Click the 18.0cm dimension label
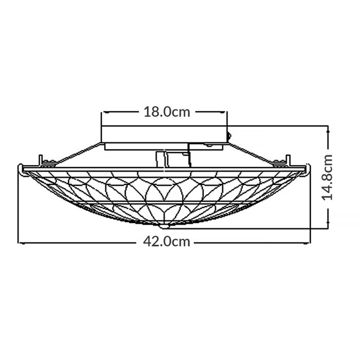click(x=166, y=112)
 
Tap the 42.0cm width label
click(x=166, y=242)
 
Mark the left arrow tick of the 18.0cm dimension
click(x=103, y=112)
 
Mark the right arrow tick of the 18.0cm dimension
click(x=227, y=112)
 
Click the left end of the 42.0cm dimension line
click(x=19, y=242)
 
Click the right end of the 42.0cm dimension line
click(x=310, y=242)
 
